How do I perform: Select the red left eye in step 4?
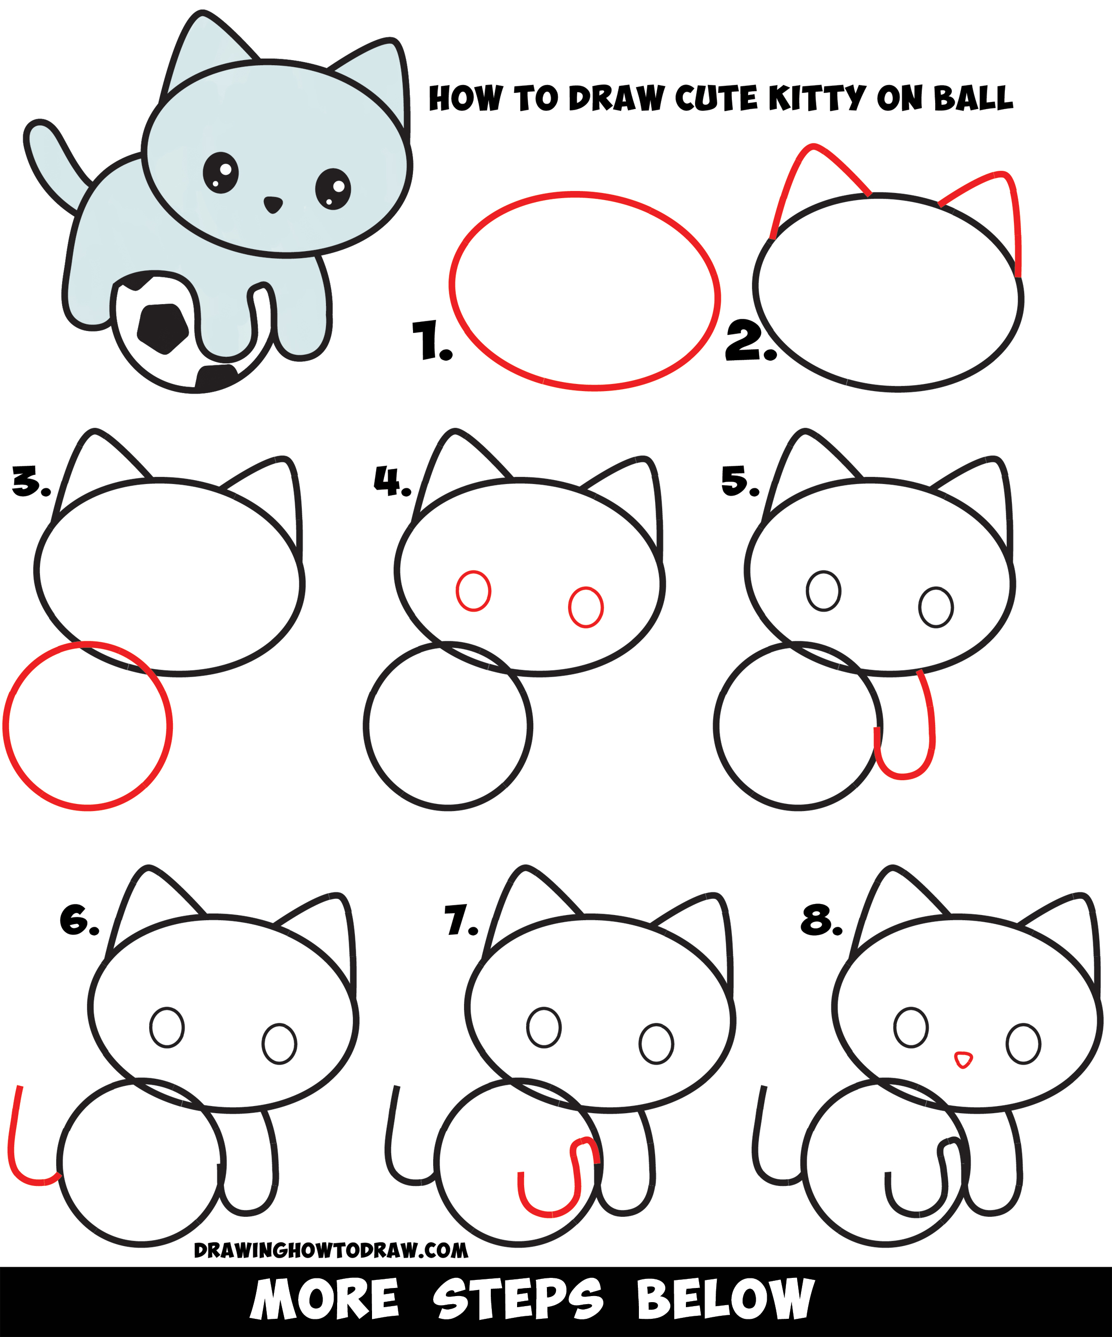tap(473, 591)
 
